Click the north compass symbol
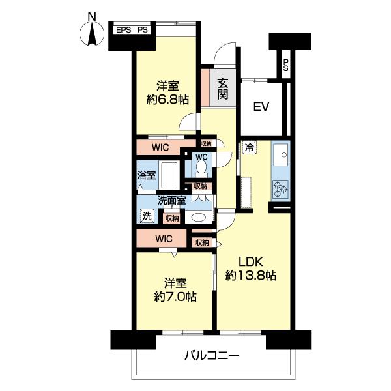[92, 33]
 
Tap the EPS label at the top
[124, 30]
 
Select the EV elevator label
[262, 107]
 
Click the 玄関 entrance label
[222, 89]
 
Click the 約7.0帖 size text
[175, 297]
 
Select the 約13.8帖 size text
[251, 276]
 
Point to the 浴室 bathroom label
[147, 175]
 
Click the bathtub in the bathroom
[171, 175]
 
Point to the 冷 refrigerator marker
[250, 147]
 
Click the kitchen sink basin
[282, 156]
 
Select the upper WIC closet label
[161, 147]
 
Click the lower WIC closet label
[164, 239]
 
